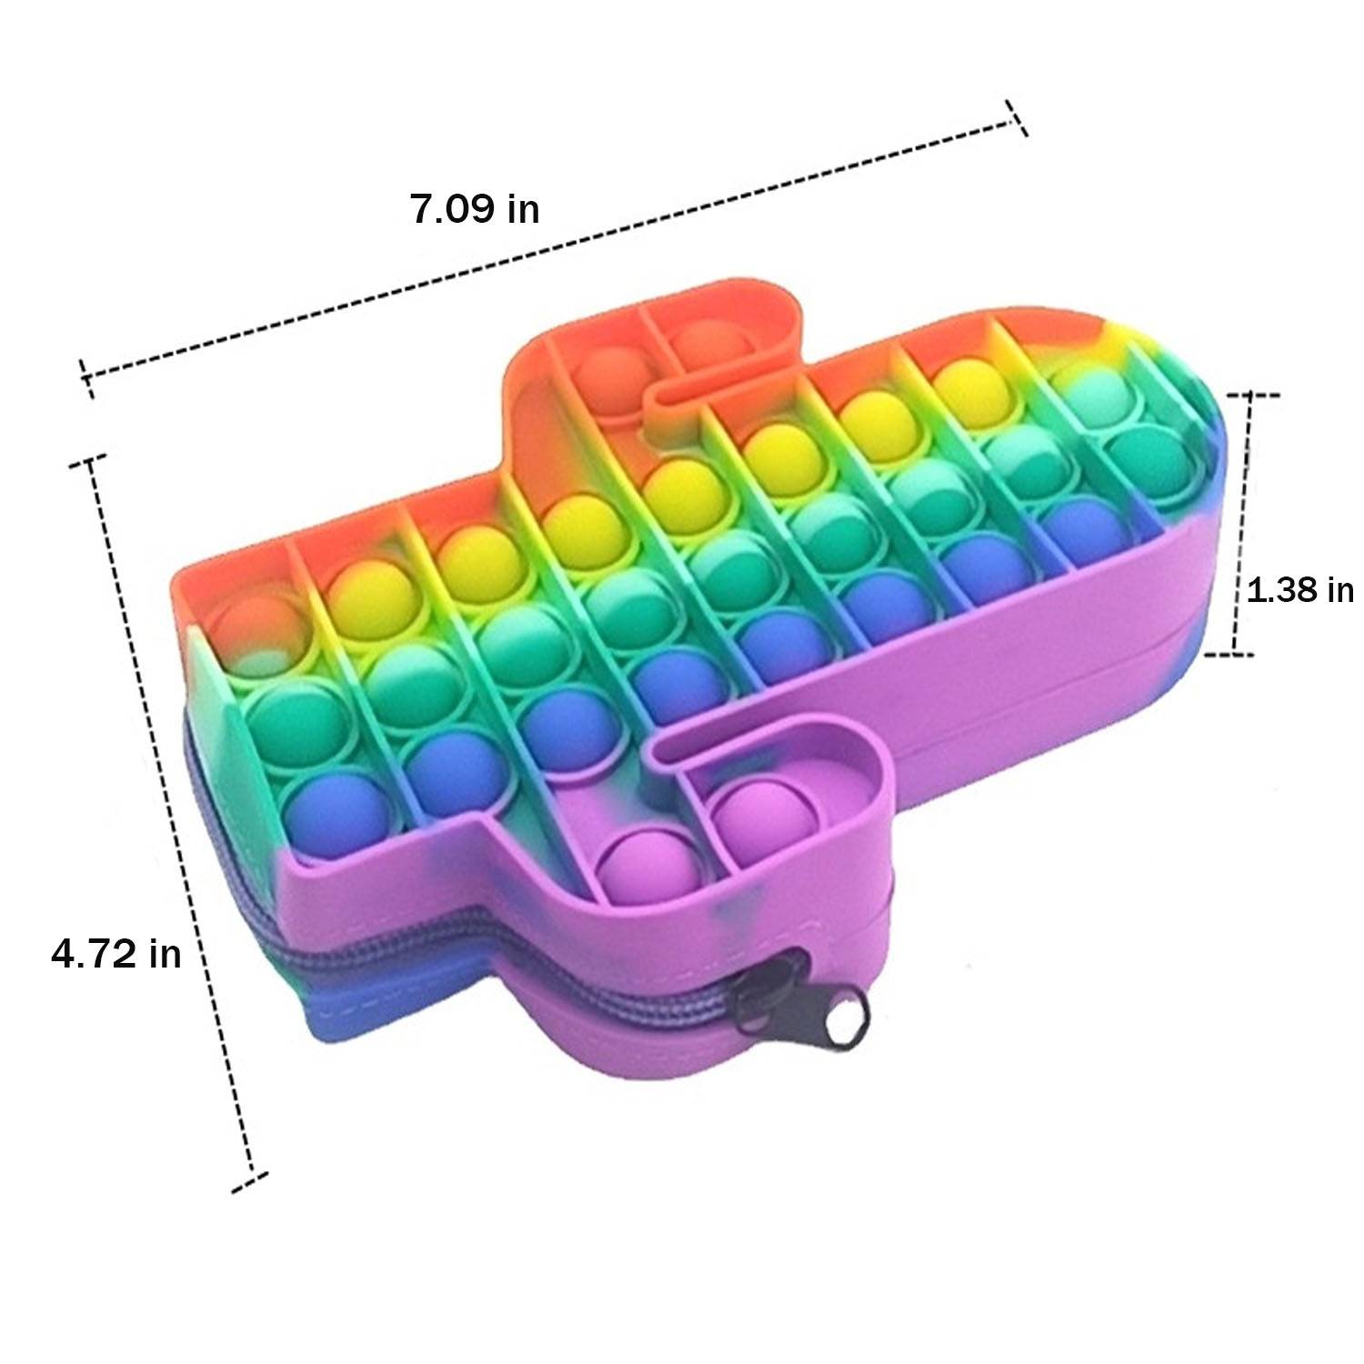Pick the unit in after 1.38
coord(1340,590)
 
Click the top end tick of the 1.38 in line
coord(1254,395)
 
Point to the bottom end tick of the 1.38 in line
coord(1230,654)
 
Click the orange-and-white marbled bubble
coord(255,627)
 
